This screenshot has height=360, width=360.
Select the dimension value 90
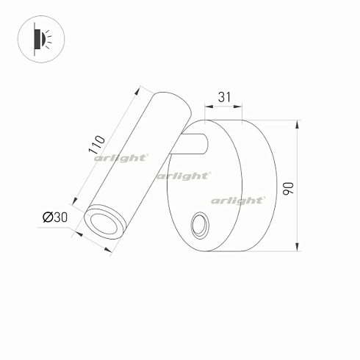pyautogui.click(x=289, y=187)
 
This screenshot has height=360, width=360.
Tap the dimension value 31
pyautogui.click(x=226, y=96)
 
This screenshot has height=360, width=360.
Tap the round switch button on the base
pyautogui.click(x=198, y=226)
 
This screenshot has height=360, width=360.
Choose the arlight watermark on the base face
pyautogui.click(x=238, y=200)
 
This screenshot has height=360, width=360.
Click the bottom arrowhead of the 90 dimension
pyautogui.click(x=298, y=250)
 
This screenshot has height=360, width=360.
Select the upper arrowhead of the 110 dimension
pyautogui.click(x=139, y=90)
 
